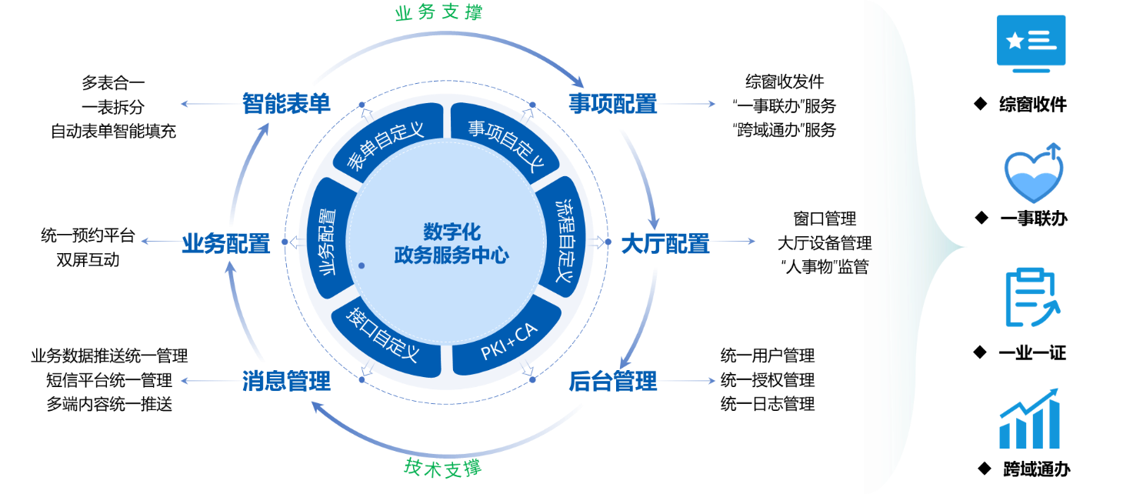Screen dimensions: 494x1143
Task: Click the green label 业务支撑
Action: pyautogui.click(x=438, y=13)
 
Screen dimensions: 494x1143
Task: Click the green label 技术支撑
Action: pyautogui.click(x=443, y=467)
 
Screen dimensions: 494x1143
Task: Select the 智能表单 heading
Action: pyautogui.click(x=286, y=104)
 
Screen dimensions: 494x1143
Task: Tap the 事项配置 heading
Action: pyautogui.click(x=612, y=104)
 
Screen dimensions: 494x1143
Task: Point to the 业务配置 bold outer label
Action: pyautogui.click(x=225, y=244)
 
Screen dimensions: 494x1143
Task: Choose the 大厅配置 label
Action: pyautogui.click(x=665, y=244)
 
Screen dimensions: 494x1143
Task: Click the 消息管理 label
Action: pyautogui.click(x=286, y=381)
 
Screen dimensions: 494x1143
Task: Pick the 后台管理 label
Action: pyautogui.click(x=612, y=381)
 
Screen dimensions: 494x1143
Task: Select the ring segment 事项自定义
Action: pyautogui.click(x=505, y=145)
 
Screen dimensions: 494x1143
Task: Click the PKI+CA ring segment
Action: pyautogui.click(x=508, y=342)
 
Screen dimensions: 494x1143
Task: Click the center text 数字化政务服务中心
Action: pyautogui.click(x=451, y=243)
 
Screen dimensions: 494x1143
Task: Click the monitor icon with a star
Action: pyautogui.click(x=1031, y=43)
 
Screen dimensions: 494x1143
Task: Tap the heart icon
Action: pyautogui.click(x=1033, y=175)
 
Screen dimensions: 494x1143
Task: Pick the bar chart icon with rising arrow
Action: pyautogui.click(x=1030, y=419)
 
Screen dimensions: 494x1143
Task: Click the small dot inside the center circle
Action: pyautogui.click(x=362, y=265)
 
